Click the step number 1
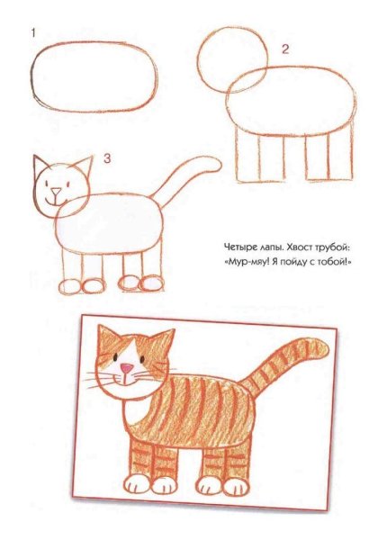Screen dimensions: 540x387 (33, 33)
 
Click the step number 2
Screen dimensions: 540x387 (283, 49)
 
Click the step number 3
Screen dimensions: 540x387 (106, 159)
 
